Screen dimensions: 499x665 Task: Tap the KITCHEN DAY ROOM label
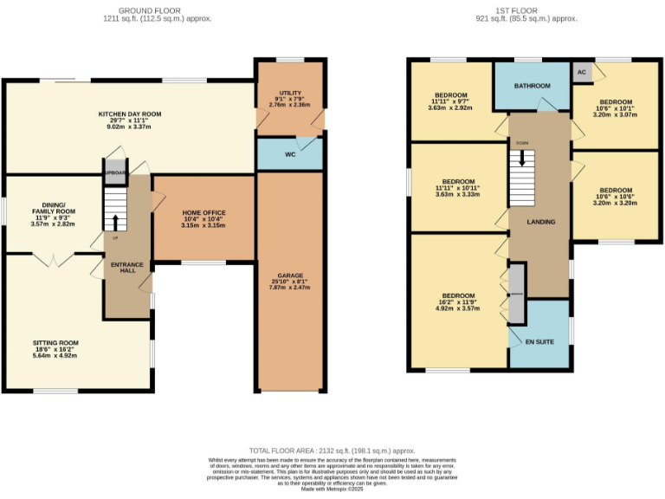coord(130,114)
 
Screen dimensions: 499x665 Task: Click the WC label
coord(290,156)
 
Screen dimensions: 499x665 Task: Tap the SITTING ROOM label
coord(55,342)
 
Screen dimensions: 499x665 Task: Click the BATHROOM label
coord(532,86)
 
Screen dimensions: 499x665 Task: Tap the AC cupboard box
coord(582,73)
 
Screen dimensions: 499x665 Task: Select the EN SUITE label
coord(539,341)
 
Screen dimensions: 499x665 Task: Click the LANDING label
coord(540,222)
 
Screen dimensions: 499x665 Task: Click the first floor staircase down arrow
coord(522,158)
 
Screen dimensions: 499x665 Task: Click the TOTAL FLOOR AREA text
coord(332,450)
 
